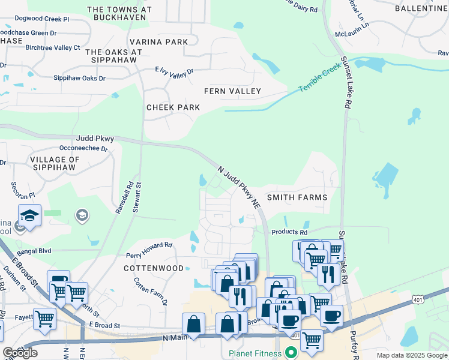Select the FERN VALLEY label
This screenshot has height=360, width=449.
tap(232, 91)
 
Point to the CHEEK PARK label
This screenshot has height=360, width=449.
tap(173, 107)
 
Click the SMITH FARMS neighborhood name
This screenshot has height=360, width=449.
tap(297, 197)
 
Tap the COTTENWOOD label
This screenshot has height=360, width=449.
tap(154, 269)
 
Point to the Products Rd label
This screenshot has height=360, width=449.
tap(289, 232)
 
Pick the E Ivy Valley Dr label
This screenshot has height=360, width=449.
tap(175, 71)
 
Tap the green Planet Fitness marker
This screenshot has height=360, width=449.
tap(292, 353)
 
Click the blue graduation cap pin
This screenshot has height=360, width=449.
tap(29, 215)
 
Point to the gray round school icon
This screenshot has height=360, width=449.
tap(82, 215)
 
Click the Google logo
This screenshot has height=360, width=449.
tap(20, 353)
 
